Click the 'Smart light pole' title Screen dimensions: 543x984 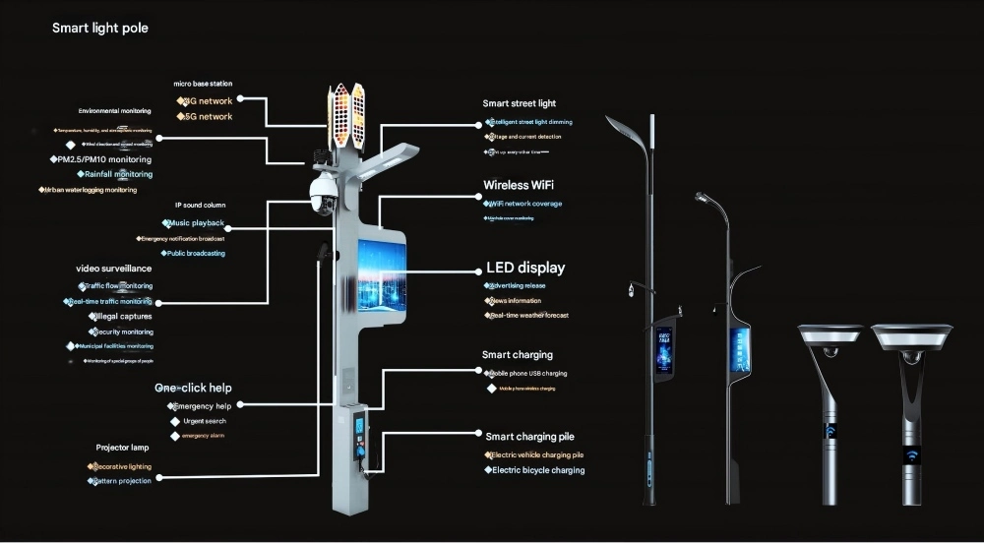(99, 29)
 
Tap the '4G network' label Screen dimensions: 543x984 (207, 100)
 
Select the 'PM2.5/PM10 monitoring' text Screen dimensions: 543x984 (101, 159)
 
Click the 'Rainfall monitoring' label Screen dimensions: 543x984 (117, 174)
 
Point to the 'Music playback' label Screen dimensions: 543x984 (196, 223)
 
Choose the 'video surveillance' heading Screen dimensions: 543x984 (114, 269)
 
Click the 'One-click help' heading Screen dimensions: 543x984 (193, 389)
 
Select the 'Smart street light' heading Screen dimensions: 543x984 (519, 103)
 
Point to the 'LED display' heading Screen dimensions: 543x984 (525, 268)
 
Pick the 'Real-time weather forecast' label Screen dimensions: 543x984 (528, 316)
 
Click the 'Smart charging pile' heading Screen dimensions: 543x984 (536, 436)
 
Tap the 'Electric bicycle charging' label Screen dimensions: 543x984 (535, 471)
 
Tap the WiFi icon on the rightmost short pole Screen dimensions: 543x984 (911, 455)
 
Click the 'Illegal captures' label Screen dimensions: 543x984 (122, 317)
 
